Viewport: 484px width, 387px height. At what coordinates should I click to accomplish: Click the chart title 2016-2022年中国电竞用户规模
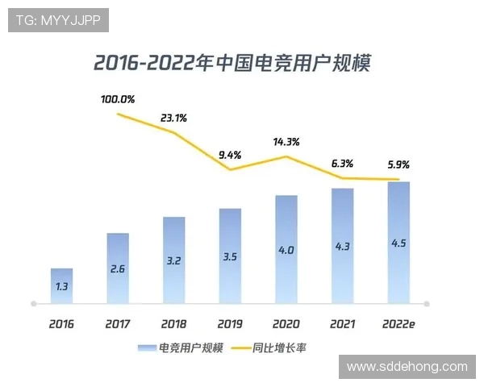pyautogui.click(x=232, y=63)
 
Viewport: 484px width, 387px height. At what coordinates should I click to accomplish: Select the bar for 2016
pyautogui.click(x=61, y=286)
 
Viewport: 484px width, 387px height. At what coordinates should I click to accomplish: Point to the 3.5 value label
pyautogui.click(x=230, y=258)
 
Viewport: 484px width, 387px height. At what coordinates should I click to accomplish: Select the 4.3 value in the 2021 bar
pyautogui.click(x=342, y=247)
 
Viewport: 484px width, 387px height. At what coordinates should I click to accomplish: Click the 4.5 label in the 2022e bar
pyautogui.click(x=398, y=243)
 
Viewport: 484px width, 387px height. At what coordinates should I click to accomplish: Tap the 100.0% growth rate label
pyautogui.click(x=118, y=100)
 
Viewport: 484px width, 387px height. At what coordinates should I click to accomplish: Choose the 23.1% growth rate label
pyautogui.click(x=173, y=118)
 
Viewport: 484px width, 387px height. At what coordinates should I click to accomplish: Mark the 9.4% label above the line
pyautogui.click(x=230, y=155)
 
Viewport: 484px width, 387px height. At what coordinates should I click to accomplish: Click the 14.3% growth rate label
pyautogui.click(x=286, y=142)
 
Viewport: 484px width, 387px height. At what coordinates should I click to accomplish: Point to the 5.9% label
pyautogui.click(x=398, y=164)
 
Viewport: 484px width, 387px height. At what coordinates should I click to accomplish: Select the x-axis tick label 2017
pyautogui.click(x=118, y=324)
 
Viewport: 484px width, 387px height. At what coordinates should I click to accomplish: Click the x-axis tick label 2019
pyautogui.click(x=230, y=324)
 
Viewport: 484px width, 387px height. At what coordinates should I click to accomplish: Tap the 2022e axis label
pyautogui.click(x=398, y=324)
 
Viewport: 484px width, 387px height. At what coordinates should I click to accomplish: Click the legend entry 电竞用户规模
pyautogui.click(x=181, y=348)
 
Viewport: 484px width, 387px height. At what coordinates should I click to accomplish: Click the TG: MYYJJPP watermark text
pyautogui.click(x=58, y=20)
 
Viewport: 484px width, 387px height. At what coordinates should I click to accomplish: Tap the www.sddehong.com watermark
pyautogui.click(x=407, y=367)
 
